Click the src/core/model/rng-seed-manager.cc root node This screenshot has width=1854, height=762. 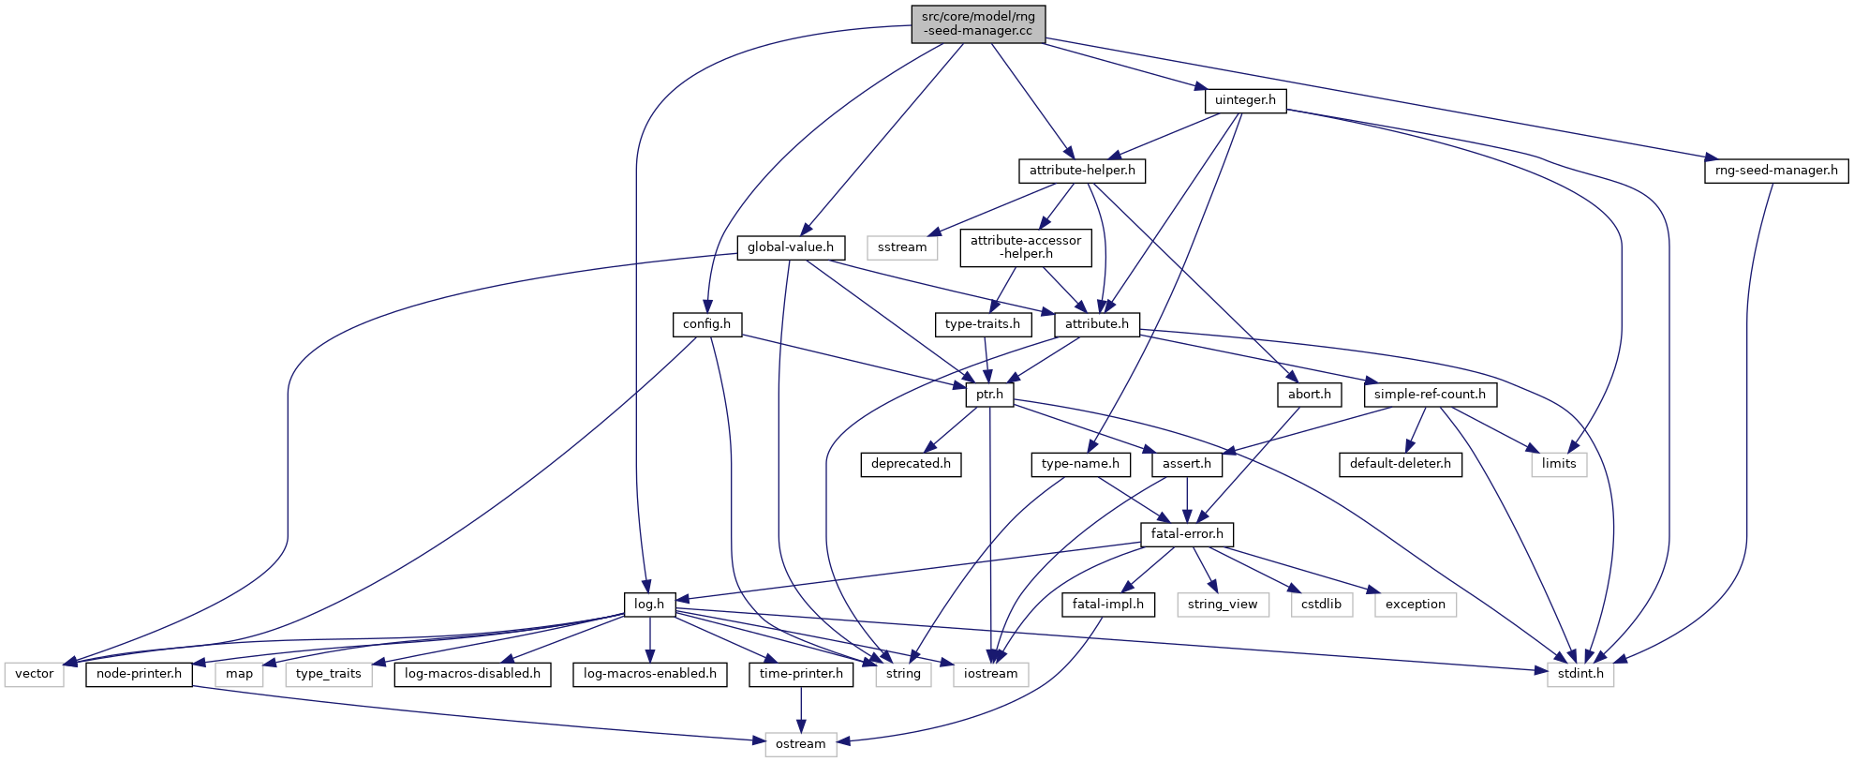click(977, 23)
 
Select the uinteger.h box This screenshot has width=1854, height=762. click(1245, 100)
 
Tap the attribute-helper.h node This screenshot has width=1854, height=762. click(1081, 171)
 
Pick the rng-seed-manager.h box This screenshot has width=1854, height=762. click(1775, 171)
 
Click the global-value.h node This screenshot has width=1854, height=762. click(790, 247)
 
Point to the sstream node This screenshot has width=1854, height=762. click(902, 247)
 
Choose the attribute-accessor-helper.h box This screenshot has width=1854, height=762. click(1025, 247)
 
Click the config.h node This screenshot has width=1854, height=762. click(706, 324)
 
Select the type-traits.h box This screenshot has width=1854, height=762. click(982, 324)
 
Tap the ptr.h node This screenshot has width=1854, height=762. click(989, 395)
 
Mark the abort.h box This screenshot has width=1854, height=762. click(1309, 395)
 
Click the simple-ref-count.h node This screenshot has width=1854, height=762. click(1430, 395)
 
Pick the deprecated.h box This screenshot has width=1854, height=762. click(910, 464)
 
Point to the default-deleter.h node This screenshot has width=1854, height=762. click(1400, 464)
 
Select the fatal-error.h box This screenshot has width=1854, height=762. click(1186, 534)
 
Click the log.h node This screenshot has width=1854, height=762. click(648, 605)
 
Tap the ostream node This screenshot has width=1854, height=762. click(800, 744)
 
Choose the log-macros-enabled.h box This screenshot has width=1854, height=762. click(649, 674)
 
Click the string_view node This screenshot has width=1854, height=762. click(1222, 605)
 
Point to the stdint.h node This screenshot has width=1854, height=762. click(1580, 674)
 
